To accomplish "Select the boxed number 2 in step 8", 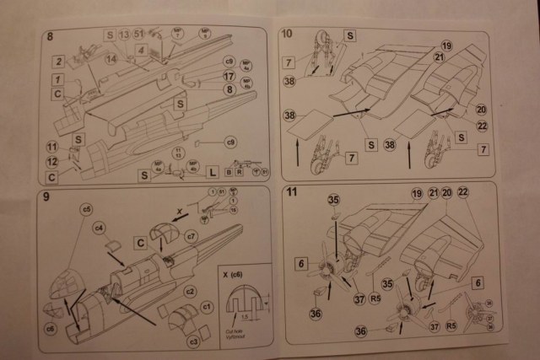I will tap(58, 62).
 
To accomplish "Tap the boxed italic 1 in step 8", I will tap(56, 79).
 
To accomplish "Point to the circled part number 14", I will tap(111, 58).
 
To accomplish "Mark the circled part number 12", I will tap(51, 161).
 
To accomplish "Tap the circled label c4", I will tap(99, 227).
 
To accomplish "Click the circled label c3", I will tap(193, 341).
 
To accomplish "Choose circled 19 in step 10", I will tap(446, 45).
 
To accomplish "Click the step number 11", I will tap(291, 192).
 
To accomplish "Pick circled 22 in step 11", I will tap(462, 193).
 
